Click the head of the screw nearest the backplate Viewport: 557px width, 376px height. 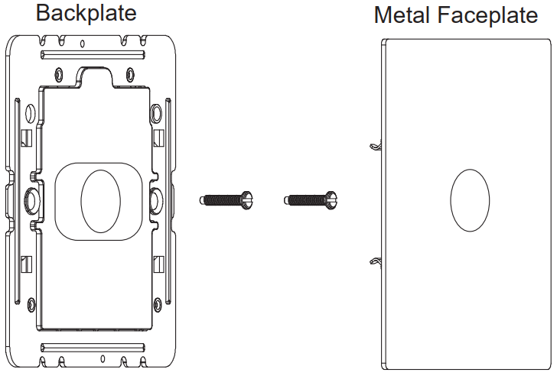246,199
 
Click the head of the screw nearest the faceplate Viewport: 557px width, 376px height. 331,199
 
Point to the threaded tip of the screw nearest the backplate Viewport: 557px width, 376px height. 204,199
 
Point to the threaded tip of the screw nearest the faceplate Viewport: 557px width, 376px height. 288,200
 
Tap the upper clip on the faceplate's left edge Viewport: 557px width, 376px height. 374,145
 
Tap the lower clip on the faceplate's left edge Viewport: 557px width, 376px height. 374,262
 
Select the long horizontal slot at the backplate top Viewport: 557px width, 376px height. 93,54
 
